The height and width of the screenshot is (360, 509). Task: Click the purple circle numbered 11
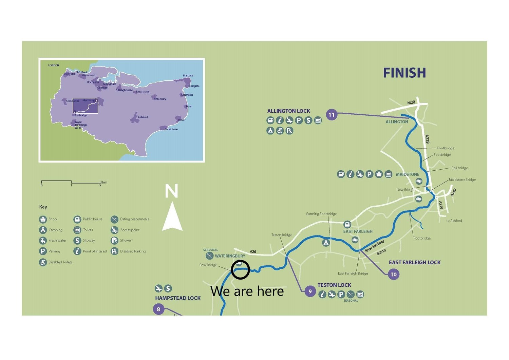pyautogui.click(x=332, y=115)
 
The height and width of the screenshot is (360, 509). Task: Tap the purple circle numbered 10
pyautogui.click(x=393, y=274)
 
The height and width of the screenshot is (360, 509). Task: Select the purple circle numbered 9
pyautogui.click(x=310, y=291)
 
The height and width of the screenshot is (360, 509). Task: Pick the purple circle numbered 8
pyautogui.click(x=158, y=309)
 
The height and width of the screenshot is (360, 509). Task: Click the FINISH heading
pyautogui.click(x=404, y=73)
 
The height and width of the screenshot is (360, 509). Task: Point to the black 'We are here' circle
pyautogui.click(x=240, y=270)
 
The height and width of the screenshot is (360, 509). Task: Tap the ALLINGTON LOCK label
pyautogui.click(x=288, y=111)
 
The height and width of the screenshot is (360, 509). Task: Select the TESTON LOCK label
pyautogui.click(x=334, y=285)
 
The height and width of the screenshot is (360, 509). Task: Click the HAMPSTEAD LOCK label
pyautogui.click(x=178, y=298)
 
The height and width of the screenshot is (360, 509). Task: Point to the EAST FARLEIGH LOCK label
pyautogui.click(x=414, y=262)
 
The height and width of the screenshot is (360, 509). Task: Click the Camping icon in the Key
pyautogui.click(x=43, y=230)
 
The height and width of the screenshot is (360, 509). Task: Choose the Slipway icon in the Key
pyautogui.click(x=77, y=241)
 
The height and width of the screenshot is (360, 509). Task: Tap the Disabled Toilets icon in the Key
pyautogui.click(x=43, y=262)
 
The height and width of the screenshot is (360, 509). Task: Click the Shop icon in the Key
pyautogui.click(x=43, y=219)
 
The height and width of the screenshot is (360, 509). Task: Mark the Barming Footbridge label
pyautogui.click(x=321, y=214)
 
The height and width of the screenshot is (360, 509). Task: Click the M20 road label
pyautogui.click(x=411, y=102)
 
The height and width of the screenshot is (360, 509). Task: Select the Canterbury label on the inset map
pyautogui.click(x=159, y=99)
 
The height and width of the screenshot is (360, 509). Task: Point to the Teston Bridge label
pyautogui.click(x=281, y=235)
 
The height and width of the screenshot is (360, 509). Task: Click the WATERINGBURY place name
pyautogui.click(x=230, y=256)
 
